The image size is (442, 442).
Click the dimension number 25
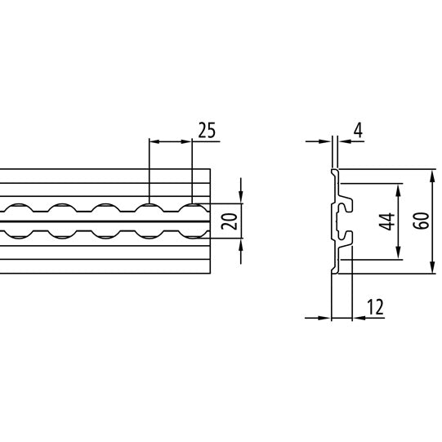(207, 130)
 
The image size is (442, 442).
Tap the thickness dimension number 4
(358, 129)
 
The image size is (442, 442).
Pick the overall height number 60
(421, 221)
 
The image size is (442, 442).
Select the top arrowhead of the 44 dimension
(398, 189)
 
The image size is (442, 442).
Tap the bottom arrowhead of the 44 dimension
(398, 254)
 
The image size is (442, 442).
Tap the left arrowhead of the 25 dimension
(154, 141)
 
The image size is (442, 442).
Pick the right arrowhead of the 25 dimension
(187, 141)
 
